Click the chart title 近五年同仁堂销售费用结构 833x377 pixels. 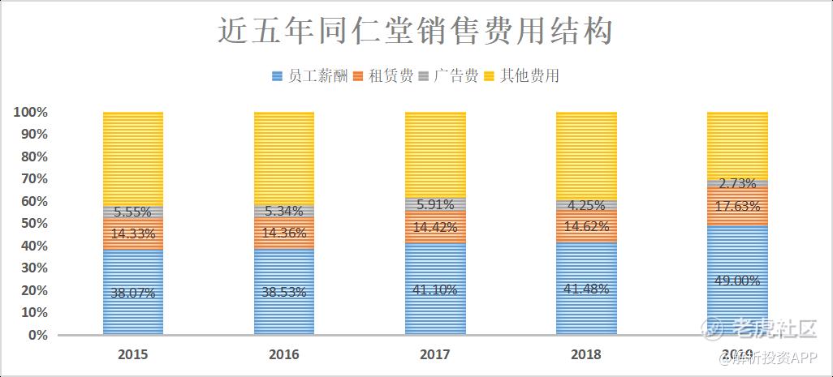(x=416, y=32)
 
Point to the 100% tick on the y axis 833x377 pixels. (x=30, y=112)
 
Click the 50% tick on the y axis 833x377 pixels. (x=33, y=223)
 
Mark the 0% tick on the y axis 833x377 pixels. (x=37, y=334)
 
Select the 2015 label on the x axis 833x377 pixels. (x=132, y=354)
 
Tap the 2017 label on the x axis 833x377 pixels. (x=435, y=354)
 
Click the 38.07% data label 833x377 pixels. (x=133, y=293)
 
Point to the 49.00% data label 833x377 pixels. (x=737, y=281)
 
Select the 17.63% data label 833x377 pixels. (x=737, y=206)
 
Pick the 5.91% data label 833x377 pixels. (x=435, y=205)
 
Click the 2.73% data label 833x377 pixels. (x=737, y=183)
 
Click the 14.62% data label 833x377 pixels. (x=586, y=226)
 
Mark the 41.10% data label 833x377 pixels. (x=435, y=289)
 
